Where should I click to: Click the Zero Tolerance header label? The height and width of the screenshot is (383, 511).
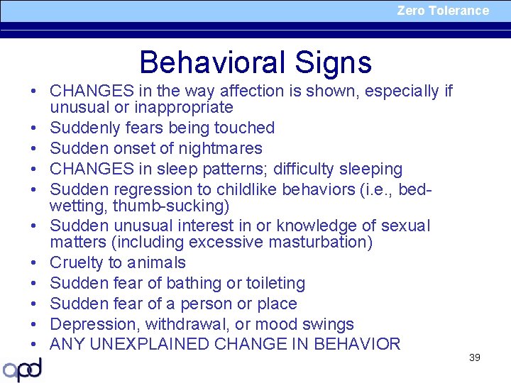[x=443, y=11]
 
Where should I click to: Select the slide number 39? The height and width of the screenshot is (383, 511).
[x=475, y=357]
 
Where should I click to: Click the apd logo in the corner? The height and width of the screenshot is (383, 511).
[x=23, y=370]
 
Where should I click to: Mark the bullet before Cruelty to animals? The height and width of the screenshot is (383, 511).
[x=33, y=263]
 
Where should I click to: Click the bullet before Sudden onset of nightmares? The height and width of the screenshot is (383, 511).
[x=33, y=149]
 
